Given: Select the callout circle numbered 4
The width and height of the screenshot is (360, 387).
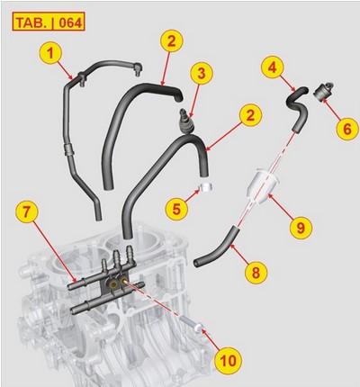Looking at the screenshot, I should (x=273, y=65).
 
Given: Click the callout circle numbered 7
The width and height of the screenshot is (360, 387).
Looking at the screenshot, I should (x=30, y=213).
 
